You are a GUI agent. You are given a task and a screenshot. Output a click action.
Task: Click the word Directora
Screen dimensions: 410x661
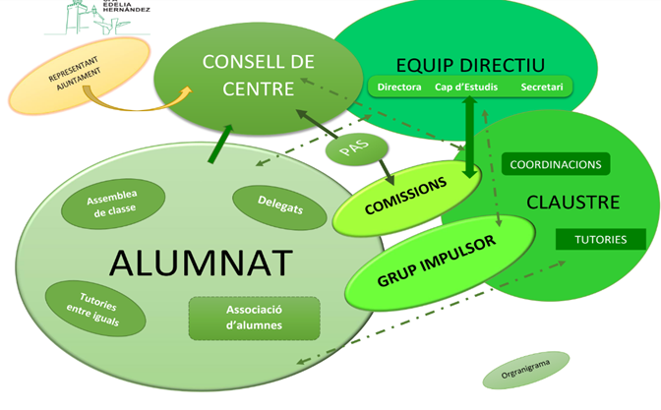click(x=399, y=88)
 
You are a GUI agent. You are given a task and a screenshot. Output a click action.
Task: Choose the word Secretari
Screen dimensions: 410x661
click(x=541, y=88)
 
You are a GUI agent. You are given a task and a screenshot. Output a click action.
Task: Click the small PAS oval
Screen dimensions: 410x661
click(x=355, y=151)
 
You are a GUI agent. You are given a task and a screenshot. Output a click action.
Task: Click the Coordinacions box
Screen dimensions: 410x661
click(x=556, y=164)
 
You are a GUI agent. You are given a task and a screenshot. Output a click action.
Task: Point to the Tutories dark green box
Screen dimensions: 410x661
click(x=600, y=239)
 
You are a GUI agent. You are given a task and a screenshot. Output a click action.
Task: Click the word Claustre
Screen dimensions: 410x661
click(x=572, y=203)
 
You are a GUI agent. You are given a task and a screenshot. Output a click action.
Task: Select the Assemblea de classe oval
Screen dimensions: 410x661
click(x=111, y=202)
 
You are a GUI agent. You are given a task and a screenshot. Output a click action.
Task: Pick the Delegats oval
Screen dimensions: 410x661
click(x=279, y=207)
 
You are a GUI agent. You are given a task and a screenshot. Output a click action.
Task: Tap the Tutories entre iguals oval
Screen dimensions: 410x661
click(x=96, y=307)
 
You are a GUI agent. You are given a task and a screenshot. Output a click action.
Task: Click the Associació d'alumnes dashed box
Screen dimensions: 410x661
click(x=254, y=318)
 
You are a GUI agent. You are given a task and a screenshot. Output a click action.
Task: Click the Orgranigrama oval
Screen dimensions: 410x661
click(x=525, y=372)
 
